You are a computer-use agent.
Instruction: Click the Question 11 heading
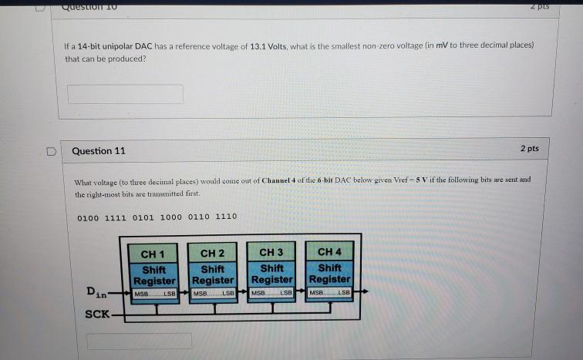pos(98,150)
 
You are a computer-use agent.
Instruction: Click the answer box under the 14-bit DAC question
pos(126,94)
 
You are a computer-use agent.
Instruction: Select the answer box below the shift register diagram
pos(139,340)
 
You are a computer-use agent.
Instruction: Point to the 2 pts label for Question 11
pos(529,148)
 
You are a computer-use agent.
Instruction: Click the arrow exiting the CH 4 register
pos(362,291)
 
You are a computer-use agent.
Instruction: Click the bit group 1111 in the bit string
pos(117,217)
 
